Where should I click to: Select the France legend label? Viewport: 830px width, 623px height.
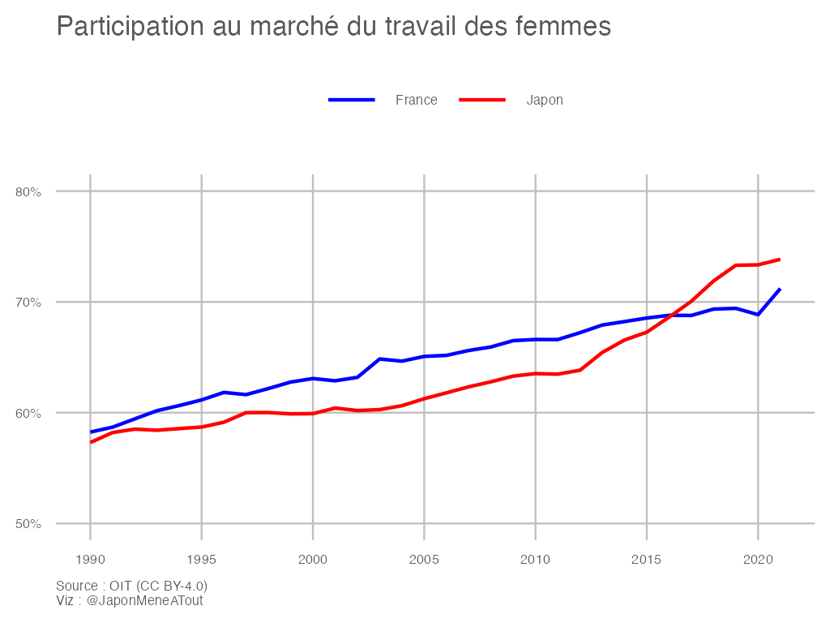pyautogui.click(x=416, y=100)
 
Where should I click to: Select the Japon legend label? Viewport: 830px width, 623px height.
pyautogui.click(x=545, y=100)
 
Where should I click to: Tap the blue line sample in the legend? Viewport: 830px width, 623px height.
pyautogui.click(x=351, y=100)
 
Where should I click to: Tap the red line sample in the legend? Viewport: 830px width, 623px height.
pyautogui.click(x=482, y=100)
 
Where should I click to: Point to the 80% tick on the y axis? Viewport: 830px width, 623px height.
pyautogui.click(x=28, y=191)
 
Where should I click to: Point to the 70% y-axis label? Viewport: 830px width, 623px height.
pyautogui.click(x=28, y=302)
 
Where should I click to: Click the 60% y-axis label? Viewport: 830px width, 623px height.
pyautogui.click(x=28, y=413)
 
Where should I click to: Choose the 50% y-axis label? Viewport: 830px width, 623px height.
pyautogui.click(x=28, y=523)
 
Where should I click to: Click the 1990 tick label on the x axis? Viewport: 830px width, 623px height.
pyautogui.click(x=90, y=559)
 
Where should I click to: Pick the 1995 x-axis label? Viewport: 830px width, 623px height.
pyautogui.click(x=201, y=559)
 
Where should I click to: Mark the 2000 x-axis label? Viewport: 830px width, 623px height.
pyautogui.click(x=312, y=559)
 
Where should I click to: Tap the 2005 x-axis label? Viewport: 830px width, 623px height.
pyautogui.click(x=423, y=559)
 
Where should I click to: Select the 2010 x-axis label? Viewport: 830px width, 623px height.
pyautogui.click(x=535, y=559)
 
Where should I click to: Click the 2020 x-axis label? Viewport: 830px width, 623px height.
pyautogui.click(x=757, y=559)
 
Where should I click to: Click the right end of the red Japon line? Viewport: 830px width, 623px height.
pyautogui.click(x=779, y=260)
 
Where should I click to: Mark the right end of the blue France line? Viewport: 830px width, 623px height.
pyautogui.click(x=779, y=289)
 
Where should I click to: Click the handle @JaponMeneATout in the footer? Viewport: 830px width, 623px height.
pyautogui.click(x=144, y=600)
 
